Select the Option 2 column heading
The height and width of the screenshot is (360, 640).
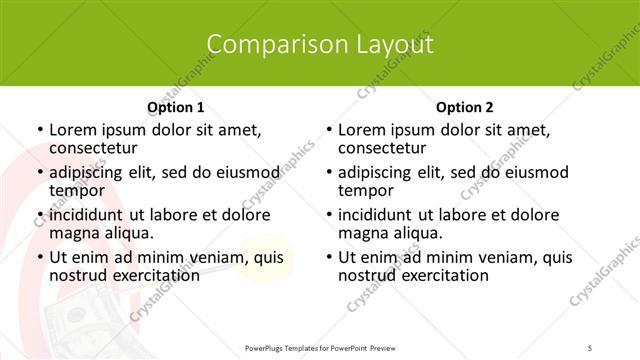[465, 107]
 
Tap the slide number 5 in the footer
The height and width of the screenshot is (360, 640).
[591, 347]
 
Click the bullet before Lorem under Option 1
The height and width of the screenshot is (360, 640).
[38, 131]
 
